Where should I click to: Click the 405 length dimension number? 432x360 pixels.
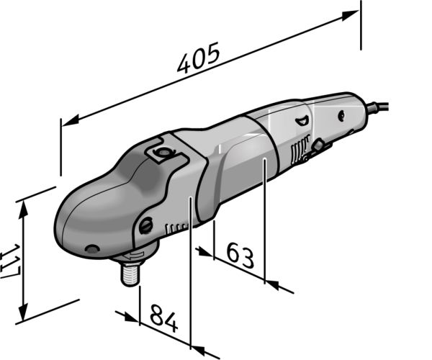point(199,58)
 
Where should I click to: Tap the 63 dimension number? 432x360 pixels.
point(240,256)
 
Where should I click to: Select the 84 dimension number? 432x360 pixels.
point(163,318)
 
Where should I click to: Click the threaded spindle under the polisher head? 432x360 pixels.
point(130,274)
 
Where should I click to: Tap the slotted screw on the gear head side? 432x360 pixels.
point(145,225)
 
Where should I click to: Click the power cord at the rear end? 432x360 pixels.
point(377,107)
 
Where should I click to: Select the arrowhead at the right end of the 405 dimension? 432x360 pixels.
point(351,15)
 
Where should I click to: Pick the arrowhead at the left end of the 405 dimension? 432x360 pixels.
point(71,121)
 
